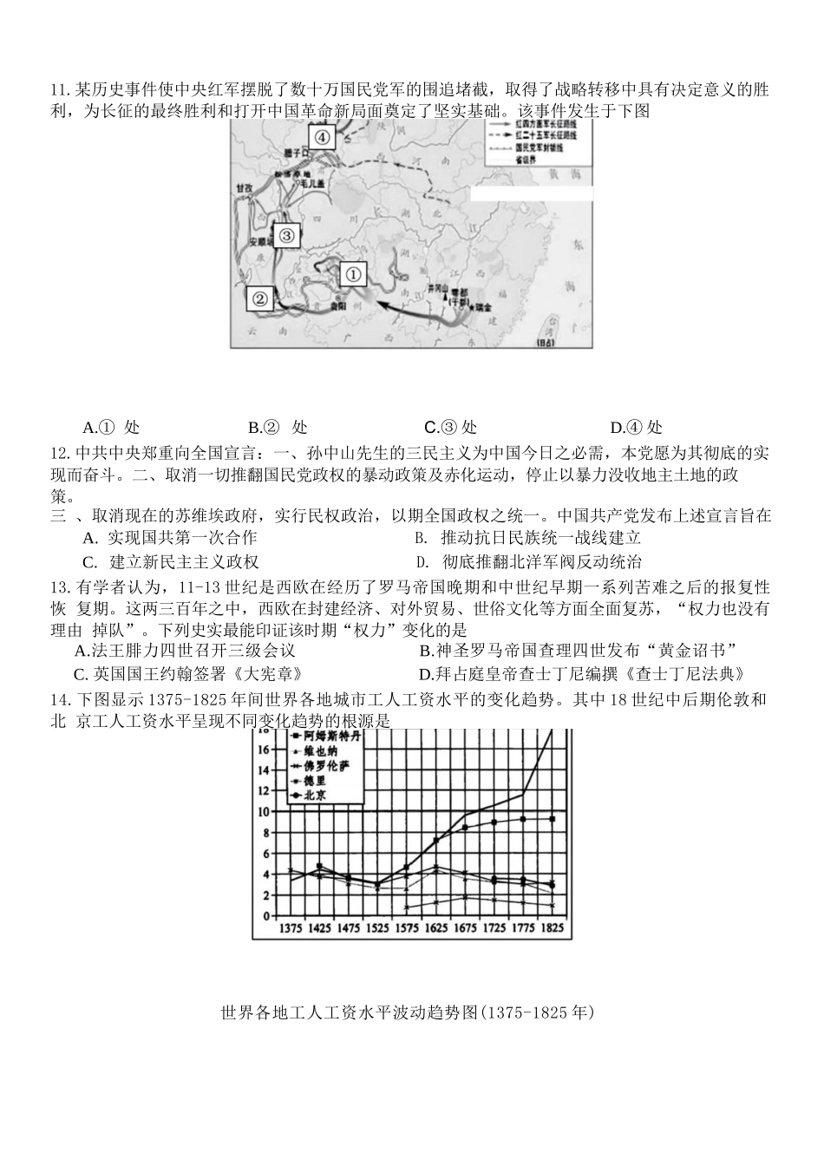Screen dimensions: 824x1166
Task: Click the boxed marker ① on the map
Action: click(x=353, y=275)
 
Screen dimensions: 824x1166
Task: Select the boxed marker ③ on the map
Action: click(x=287, y=234)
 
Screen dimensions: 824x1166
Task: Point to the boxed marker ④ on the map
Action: click(x=321, y=137)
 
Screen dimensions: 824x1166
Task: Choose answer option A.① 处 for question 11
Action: click(x=111, y=427)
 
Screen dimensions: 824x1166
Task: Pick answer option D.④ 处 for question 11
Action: click(x=636, y=427)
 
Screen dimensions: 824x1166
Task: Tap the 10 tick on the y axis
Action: click(x=265, y=811)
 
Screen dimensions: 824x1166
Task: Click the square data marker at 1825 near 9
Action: click(x=552, y=818)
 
